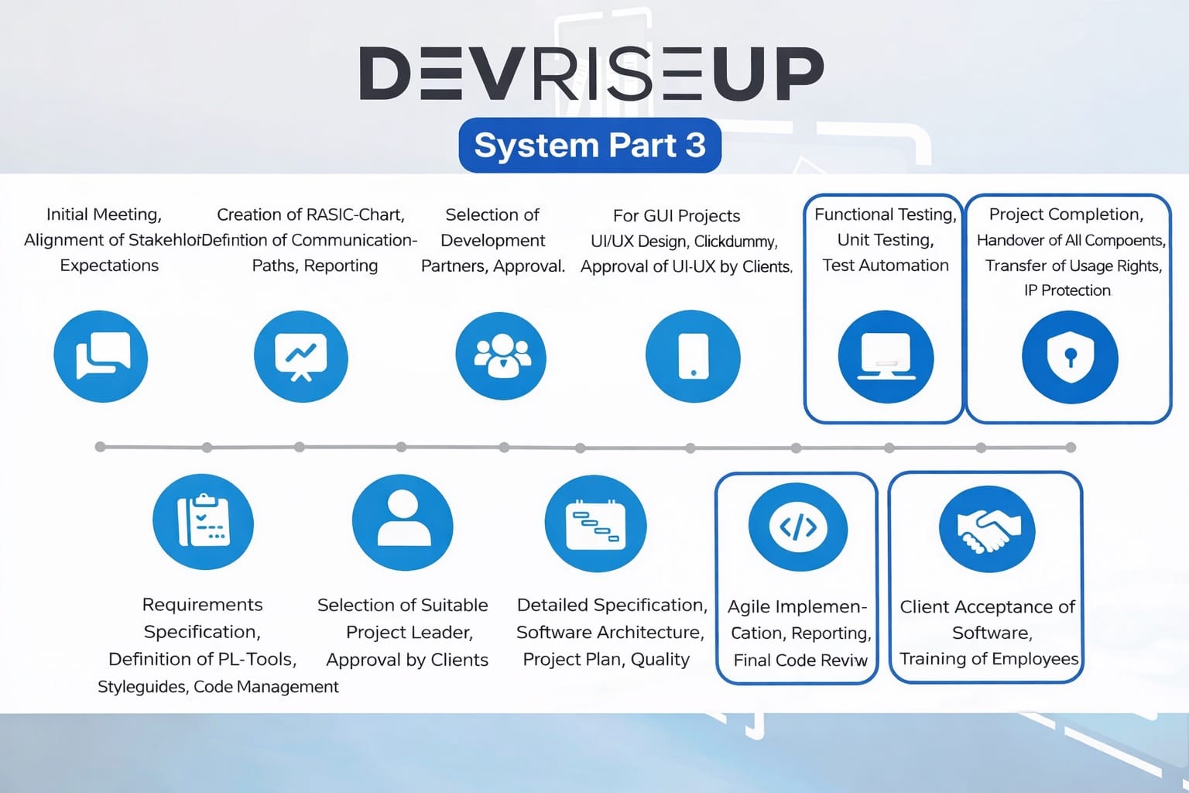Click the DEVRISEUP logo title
tap(591, 74)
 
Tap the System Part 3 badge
tap(590, 146)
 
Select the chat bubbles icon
tap(101, 356)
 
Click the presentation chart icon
tap(300, 356)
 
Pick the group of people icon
tap(501, 356)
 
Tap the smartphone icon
tap(693, 356)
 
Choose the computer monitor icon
tap(886, 357)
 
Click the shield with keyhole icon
tap(1070, 357)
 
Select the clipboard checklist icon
tap(203, 521)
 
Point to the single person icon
tap(403, 522)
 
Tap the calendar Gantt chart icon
tap(595, 524)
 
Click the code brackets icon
tap(798, 527)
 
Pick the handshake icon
tap(987, 529)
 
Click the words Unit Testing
tap(886, 240)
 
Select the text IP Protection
tap(1067, 290)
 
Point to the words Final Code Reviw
tap(800, 660)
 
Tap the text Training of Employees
tap(989, 658)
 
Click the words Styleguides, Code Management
tap(218, 687)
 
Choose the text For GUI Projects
tap(677, 216)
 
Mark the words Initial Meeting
tap(104, 215)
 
